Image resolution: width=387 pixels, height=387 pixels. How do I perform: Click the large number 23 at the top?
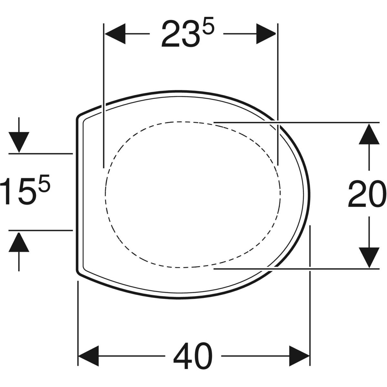click(181, 34)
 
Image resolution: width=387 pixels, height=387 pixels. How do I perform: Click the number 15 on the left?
click(19, 191)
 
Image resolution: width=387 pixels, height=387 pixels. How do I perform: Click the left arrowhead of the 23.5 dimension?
click(115, 34)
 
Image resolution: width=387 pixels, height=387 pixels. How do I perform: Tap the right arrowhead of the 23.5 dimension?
click(266, 34)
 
